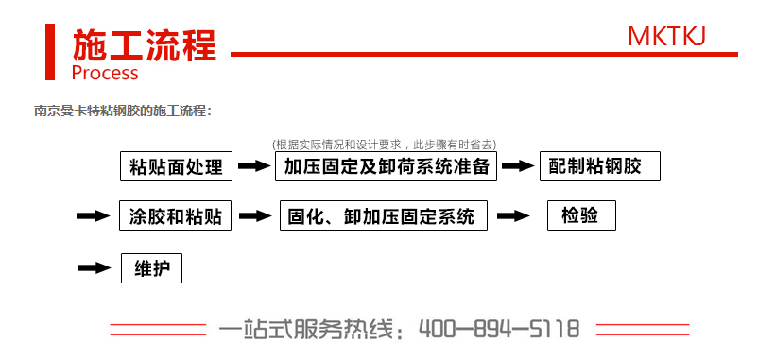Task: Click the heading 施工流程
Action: (145, 44)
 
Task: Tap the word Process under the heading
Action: (105, 73)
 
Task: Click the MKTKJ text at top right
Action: (666, 36)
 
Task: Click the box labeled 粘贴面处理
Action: (177, 166)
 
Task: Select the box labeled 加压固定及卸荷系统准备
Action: (385, 166)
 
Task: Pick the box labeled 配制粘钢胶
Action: (599, 166)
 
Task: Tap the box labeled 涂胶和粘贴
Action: (176, 215)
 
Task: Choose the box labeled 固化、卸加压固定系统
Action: (384, 215)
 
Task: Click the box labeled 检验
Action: (581, 215)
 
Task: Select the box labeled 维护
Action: (151, 268)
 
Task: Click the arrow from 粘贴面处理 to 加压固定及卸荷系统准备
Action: (253, 166)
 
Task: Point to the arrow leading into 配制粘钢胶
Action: (518, 166)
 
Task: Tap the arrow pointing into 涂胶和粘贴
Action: (94, 215)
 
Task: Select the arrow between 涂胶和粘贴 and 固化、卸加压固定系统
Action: (255, 215)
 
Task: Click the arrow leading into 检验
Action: (513, 215)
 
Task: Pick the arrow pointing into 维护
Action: (95, 268)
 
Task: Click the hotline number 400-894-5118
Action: (498, 330)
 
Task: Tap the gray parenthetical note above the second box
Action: (384, 145)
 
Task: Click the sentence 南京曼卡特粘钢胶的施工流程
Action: (123, 111)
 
